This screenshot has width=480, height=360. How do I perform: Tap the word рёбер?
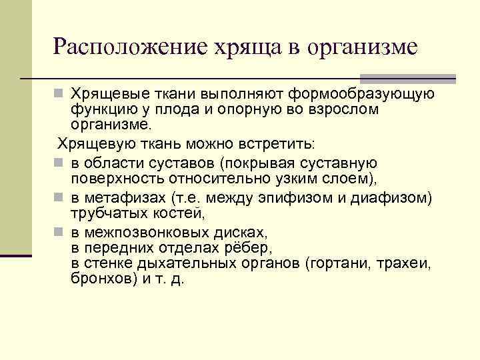click(x=248, y=247)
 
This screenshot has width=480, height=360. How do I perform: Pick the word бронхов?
click(x=103, y=278)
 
